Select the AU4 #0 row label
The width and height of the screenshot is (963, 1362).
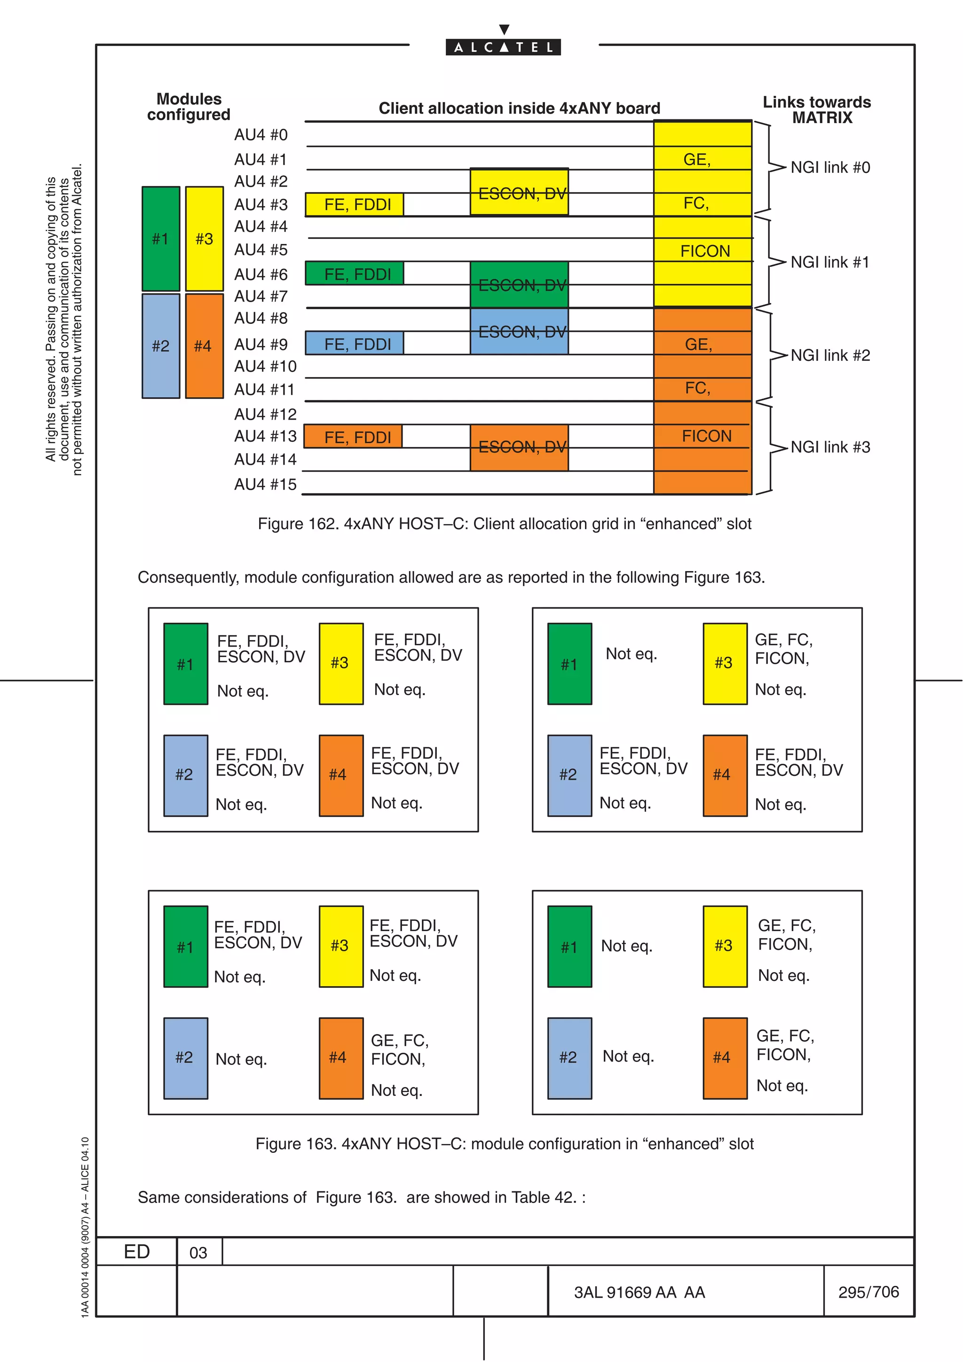point(260,135)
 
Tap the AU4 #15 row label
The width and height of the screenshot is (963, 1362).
point(265,485)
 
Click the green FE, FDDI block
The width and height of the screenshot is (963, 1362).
point(355,274)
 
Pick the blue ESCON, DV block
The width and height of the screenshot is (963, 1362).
point(519,332)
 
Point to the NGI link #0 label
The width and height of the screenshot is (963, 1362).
point(830,168)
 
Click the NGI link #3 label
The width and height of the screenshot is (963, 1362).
point(830,447)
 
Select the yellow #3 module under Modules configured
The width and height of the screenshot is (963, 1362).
point(204,239)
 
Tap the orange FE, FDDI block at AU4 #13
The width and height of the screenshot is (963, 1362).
point(354,437)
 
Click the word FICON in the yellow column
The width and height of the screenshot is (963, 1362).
point(705,251)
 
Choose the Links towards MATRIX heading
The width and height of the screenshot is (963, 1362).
point(817,110)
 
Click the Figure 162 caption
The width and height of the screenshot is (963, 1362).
point(505,524)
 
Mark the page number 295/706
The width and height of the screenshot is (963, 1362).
point(868,1292)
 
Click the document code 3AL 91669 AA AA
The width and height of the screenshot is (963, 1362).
point(639,1292)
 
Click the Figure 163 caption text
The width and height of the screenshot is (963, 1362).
point(505,1144)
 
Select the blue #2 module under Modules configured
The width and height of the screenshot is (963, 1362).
point(161,346)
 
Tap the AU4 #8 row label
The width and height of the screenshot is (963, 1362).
point(260,319)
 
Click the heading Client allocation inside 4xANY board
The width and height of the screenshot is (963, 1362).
point(519,109)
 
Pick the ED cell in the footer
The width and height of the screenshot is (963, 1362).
point(136,1252)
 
